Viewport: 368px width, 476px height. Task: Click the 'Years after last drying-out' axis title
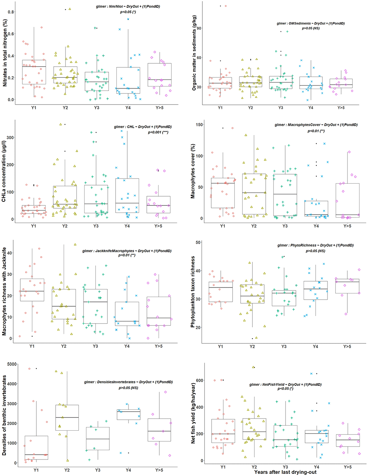point(285,472)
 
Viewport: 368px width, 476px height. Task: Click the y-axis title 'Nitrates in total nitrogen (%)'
point(5,53)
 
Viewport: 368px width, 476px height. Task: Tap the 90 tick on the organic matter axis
point(199,28)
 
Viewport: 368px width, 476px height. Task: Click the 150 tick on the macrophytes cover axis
point(199,124)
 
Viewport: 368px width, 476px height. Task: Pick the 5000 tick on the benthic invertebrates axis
point(12,364)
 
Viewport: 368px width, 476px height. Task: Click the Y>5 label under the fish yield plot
point(348,467)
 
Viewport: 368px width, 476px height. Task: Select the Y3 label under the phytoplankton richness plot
point(284,346)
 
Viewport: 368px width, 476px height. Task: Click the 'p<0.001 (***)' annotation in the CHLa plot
point(158,132)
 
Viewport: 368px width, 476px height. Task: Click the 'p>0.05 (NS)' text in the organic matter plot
point(311,28)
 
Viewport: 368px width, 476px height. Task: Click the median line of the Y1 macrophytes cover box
point(223,183)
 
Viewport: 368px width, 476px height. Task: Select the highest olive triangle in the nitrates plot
point(70,9)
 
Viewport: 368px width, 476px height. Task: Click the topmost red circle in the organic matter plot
point(226,6)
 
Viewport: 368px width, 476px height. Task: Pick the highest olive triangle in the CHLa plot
point(61,124)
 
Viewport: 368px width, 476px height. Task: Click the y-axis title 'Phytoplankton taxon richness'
point(192,292)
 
